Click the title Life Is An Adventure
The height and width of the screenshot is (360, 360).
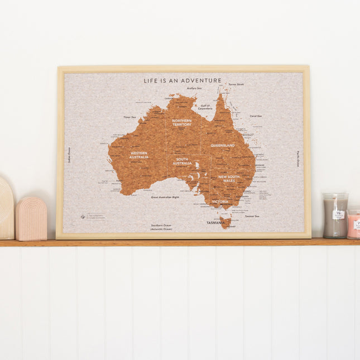183,80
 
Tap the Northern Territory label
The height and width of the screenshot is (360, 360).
181,122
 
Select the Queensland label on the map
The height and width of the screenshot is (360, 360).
222,145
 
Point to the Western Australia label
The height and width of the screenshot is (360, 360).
139,155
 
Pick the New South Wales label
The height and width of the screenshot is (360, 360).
230,179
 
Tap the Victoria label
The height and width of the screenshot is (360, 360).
220,201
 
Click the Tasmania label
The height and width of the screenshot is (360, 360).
215,222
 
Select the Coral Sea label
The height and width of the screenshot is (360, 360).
256,116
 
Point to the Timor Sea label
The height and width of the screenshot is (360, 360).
130,117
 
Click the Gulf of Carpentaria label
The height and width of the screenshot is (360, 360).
205,107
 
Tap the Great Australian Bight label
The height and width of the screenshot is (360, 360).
165,197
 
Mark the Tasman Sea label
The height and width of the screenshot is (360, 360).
252,215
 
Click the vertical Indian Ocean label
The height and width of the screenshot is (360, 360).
70,155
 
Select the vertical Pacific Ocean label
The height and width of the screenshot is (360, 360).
298,159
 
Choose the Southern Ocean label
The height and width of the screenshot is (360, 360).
161,227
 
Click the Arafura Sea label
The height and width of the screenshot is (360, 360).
194,88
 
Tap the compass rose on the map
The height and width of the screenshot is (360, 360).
83,217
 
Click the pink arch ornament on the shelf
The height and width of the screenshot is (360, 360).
31,218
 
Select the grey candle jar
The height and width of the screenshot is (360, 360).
335,215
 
